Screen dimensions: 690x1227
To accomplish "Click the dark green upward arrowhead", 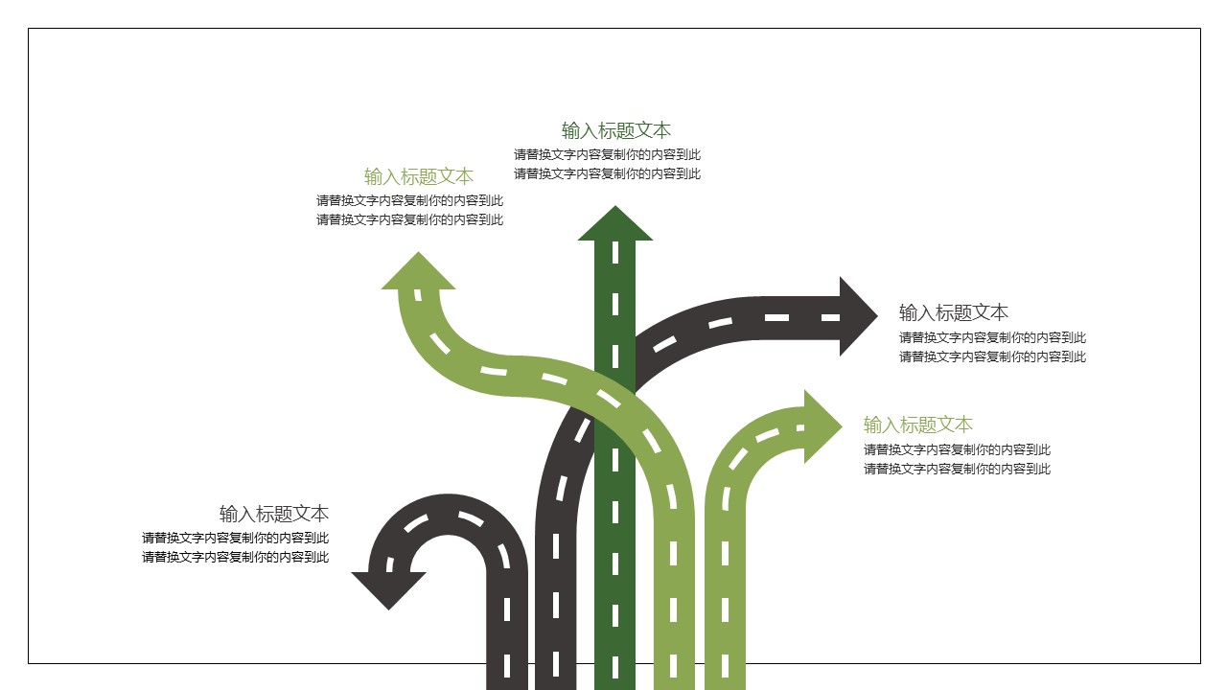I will pyautogui.click(x=615, y=226).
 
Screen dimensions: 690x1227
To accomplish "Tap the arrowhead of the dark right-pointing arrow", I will pyautogui.click(x=856, y=316).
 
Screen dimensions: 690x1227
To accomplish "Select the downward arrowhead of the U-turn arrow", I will pyautogui.click(x=389, y=586).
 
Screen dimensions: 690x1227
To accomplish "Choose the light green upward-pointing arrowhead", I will pyautogui.click(x=419, y=273).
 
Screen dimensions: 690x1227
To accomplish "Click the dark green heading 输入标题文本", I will pyautogui.click(x=615, y=130).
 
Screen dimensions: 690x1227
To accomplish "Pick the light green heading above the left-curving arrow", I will pyautogui.click(x=419, y=176).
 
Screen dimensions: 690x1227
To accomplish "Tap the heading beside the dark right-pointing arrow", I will pyautogui.click(x=953, y=312).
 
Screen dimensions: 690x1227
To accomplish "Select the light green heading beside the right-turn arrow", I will pyautogui.click(x=917, y=425).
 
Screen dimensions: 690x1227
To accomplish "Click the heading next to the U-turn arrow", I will pyautogui.click(x=274, y=513).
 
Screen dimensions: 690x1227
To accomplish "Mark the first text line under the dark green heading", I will pyautogui.click(x=607, y=154).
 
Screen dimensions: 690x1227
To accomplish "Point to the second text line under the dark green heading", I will pyautogui.click(x=607, y=173).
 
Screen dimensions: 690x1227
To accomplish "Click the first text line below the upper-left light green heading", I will pyautogui.click(x=409, y=200).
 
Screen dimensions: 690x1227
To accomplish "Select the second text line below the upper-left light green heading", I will pyautogui.click(x=409, y=219).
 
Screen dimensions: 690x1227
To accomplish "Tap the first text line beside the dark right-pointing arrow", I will pyautogui.click(x=992, y=337).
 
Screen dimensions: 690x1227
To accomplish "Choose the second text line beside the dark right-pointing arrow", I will pyautogui.click(x=992, y=356).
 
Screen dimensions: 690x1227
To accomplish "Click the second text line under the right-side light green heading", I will pyautogui.click(x=957, y=469).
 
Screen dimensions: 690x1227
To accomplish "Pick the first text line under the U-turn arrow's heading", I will pyautogui.click(x=235, y=538).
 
